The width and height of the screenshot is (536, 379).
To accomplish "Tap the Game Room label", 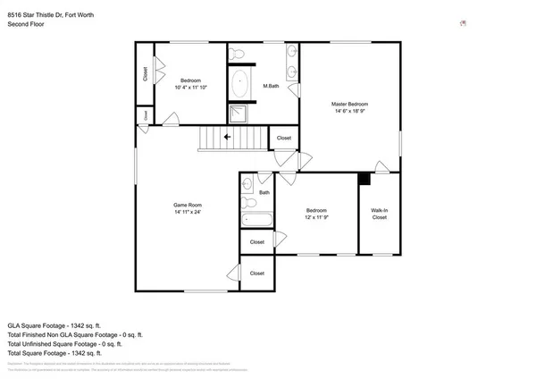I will (188, 205).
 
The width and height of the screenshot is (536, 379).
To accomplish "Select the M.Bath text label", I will (272, 86).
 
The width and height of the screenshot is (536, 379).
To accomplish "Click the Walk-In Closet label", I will (380, 214).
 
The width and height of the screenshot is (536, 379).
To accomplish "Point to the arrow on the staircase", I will (228, 137).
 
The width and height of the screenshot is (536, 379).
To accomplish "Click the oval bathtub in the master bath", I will (240, 86).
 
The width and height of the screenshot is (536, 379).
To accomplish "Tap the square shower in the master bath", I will (239, 114).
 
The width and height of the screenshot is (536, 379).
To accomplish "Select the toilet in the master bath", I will (237, 55).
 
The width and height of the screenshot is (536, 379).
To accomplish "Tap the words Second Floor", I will (27, 26).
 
